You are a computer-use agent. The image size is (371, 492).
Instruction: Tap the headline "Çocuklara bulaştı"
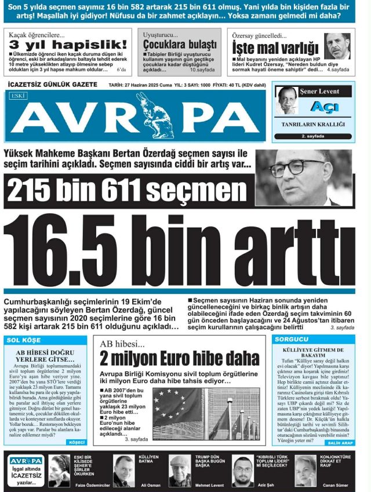(x=180, y=45)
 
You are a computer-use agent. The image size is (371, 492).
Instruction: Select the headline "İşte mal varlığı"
(x=275, y=47)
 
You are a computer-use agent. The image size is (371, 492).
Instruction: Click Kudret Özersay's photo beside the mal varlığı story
(x=337, y=46)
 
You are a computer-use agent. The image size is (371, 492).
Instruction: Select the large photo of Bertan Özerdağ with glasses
(x=304, y=177)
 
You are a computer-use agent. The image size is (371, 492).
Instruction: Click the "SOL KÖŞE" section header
(x=25, y=340)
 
